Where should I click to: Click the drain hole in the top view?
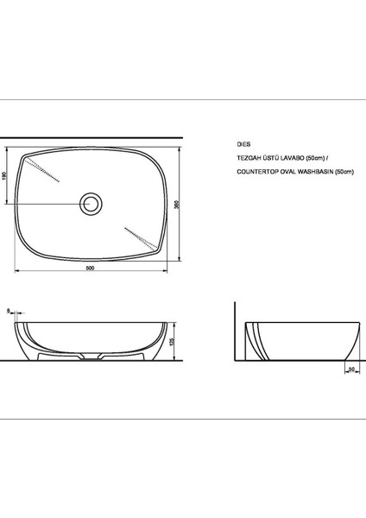click(91, 204)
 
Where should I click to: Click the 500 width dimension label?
click(91, 267)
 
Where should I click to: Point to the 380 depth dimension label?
click(177, 205)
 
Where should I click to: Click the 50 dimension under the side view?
click(352, 369)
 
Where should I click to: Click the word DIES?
click(243, 146)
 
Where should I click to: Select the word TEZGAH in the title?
click(249, 159)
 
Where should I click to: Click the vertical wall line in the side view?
click(237, 332)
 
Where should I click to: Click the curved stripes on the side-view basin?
click(253, 341)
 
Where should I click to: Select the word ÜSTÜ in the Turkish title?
click(273, 159)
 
